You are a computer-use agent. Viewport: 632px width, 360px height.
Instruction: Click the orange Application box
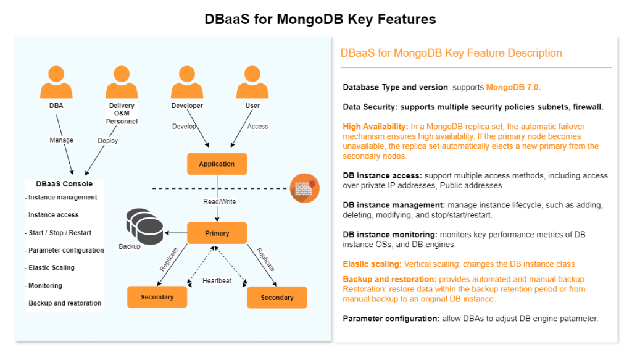(217, 164)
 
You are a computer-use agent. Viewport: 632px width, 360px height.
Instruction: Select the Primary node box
(217, 233)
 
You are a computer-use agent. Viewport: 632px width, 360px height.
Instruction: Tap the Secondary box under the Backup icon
(157, 297)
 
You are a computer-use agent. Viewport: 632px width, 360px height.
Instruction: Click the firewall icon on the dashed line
(305, 188)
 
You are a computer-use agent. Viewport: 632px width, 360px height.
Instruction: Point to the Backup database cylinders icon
(144, 226)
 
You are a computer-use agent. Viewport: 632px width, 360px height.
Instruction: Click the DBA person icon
(56, 82)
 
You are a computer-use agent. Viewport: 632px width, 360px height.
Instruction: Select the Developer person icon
(187, 82)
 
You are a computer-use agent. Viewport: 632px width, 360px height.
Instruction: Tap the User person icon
(252, 82)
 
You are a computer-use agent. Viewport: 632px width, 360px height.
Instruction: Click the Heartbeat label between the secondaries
(217, 280)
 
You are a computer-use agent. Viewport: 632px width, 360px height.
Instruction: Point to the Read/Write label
(219, 201)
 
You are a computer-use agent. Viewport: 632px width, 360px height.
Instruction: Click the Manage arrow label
(61, 140)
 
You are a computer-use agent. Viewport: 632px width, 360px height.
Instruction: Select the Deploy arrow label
(107, 140)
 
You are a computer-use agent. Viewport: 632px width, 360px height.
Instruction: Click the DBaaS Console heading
(64, 184)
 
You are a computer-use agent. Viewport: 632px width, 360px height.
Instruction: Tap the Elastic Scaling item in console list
(51, 267)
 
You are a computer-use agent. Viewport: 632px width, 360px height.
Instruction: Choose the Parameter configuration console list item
(66, 250)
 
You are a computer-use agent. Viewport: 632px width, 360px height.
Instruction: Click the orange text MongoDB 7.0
(513, 87)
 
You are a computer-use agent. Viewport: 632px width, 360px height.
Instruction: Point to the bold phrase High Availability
(375, 127)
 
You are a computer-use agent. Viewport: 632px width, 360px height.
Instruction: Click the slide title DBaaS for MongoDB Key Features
(320, 19)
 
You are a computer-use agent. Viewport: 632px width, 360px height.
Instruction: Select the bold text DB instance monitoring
(390, 235)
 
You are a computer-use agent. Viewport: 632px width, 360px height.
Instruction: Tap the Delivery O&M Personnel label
(122, 113)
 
